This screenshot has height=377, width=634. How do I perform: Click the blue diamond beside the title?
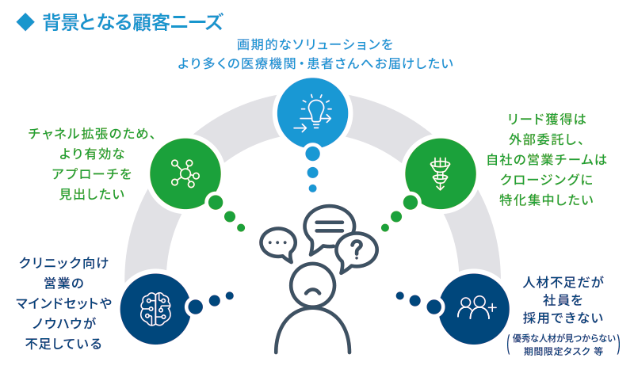click(25, 22)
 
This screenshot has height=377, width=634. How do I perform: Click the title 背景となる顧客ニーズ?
click(132, 22)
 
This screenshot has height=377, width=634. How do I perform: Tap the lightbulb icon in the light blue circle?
click(313, 113)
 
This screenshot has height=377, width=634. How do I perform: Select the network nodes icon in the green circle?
click(185, 173)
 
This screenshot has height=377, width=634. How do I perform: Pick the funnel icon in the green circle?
click(440, 174)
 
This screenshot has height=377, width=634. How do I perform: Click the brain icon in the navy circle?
click(155, 309)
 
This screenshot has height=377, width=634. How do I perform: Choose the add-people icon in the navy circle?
click(476, 308)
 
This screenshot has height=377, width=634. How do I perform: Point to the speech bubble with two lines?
click(329, 227)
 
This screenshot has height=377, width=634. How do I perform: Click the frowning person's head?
click(312, 285)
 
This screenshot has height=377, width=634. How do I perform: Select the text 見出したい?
click(92, 194)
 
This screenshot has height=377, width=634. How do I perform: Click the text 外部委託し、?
click(546, 139)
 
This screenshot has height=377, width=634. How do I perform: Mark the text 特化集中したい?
click(546, 200)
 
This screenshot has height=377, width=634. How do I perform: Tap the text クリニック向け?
click(64, 263)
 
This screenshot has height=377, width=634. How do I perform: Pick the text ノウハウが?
click(64, 324)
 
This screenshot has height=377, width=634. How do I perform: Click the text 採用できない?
click(563, 318)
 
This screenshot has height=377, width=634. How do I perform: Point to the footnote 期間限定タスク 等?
click(563, 352)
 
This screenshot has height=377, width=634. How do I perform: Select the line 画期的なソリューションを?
click(315, 44)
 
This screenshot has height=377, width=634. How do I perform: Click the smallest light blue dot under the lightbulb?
click(312, 188)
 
